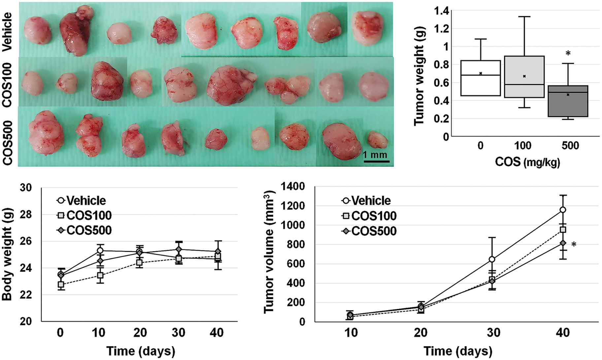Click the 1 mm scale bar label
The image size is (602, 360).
(x=375, y=155)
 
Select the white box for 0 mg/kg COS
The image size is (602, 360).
(x=481, y=78)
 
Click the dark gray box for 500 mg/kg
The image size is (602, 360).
(x=568, y=101)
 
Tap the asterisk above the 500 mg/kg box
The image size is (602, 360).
(x=568, y=53)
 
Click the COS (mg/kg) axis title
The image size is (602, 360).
(x=527, y=162)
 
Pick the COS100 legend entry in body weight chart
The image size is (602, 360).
(x=84, y=215)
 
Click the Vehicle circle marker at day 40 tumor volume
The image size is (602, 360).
(x=563, y=210)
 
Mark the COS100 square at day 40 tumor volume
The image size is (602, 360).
(x=563, y=230)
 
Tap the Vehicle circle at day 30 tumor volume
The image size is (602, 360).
(x=492, y=259)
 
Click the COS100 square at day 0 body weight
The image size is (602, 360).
(x=61, y=284)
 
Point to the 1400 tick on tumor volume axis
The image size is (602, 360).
(x=293, y=187)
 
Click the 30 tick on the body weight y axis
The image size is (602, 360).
(x=26, y=188)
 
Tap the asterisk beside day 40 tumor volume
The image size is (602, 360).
(x=574, y=245)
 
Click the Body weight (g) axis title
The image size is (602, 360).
(x=7, y=254)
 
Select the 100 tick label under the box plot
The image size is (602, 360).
(x=523, y=146)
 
